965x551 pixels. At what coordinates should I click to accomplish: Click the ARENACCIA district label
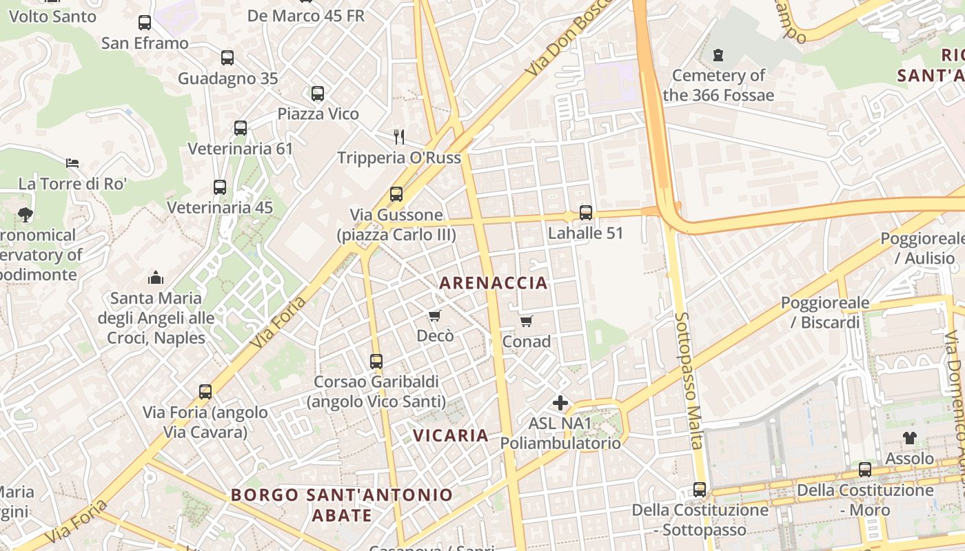(x=494, y=282)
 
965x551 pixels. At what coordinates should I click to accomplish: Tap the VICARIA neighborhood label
(x=451, y=435)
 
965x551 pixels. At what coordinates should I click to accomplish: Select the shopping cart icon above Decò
(x=434, y=315)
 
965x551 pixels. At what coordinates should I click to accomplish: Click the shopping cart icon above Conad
(x=527, y=321)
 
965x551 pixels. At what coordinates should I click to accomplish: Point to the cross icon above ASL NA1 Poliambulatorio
(x=560, y=402)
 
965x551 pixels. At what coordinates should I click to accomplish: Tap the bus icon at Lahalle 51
(x=585, y=212)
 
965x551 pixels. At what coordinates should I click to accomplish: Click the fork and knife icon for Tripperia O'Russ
(x=398, y=136)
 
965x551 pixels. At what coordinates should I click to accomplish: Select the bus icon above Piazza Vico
(x=317, y=93)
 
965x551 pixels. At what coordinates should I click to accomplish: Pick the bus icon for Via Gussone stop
(x=396, y=194)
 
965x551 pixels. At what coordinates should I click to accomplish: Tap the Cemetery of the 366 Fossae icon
(x=718, y=54)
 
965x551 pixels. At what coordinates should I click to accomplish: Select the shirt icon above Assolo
(x=909, y=437)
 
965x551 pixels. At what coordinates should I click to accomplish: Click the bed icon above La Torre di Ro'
(x=72, y=163)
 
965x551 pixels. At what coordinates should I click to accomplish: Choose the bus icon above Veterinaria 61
(x=240, y=127)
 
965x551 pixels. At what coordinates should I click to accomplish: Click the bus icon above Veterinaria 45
(x=219, y=187)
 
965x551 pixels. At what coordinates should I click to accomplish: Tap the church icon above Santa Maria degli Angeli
(x=156, y=278)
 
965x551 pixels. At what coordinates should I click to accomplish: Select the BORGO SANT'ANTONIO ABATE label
(x=342, y=504)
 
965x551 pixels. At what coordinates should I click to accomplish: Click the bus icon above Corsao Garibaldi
(x=376, y=361)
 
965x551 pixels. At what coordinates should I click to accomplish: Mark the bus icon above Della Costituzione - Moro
(x=864, y=469)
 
